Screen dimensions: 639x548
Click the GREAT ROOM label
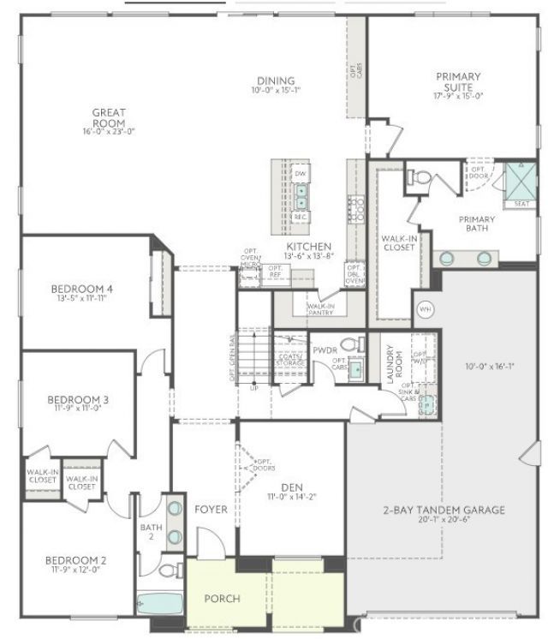click(x=110, y=117)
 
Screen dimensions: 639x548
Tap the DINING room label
click(x=276, y=81)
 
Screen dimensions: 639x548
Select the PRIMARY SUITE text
click(x=458, y=82)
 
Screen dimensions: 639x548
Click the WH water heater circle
click(x=425, y=309)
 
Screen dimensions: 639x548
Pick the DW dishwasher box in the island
click(x=301, y=175)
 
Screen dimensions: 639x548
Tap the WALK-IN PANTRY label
click(x=320, y=308)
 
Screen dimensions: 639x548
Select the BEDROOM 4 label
click(x=82, y=288)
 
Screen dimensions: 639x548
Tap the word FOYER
click(x=211, y=510)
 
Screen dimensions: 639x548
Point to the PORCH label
click(x=221, y=598)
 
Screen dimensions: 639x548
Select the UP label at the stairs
click(x=253, y=387)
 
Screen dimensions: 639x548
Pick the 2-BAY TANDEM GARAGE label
click(x=443, y=510)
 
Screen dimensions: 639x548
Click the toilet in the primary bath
click(x=422, y=178)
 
